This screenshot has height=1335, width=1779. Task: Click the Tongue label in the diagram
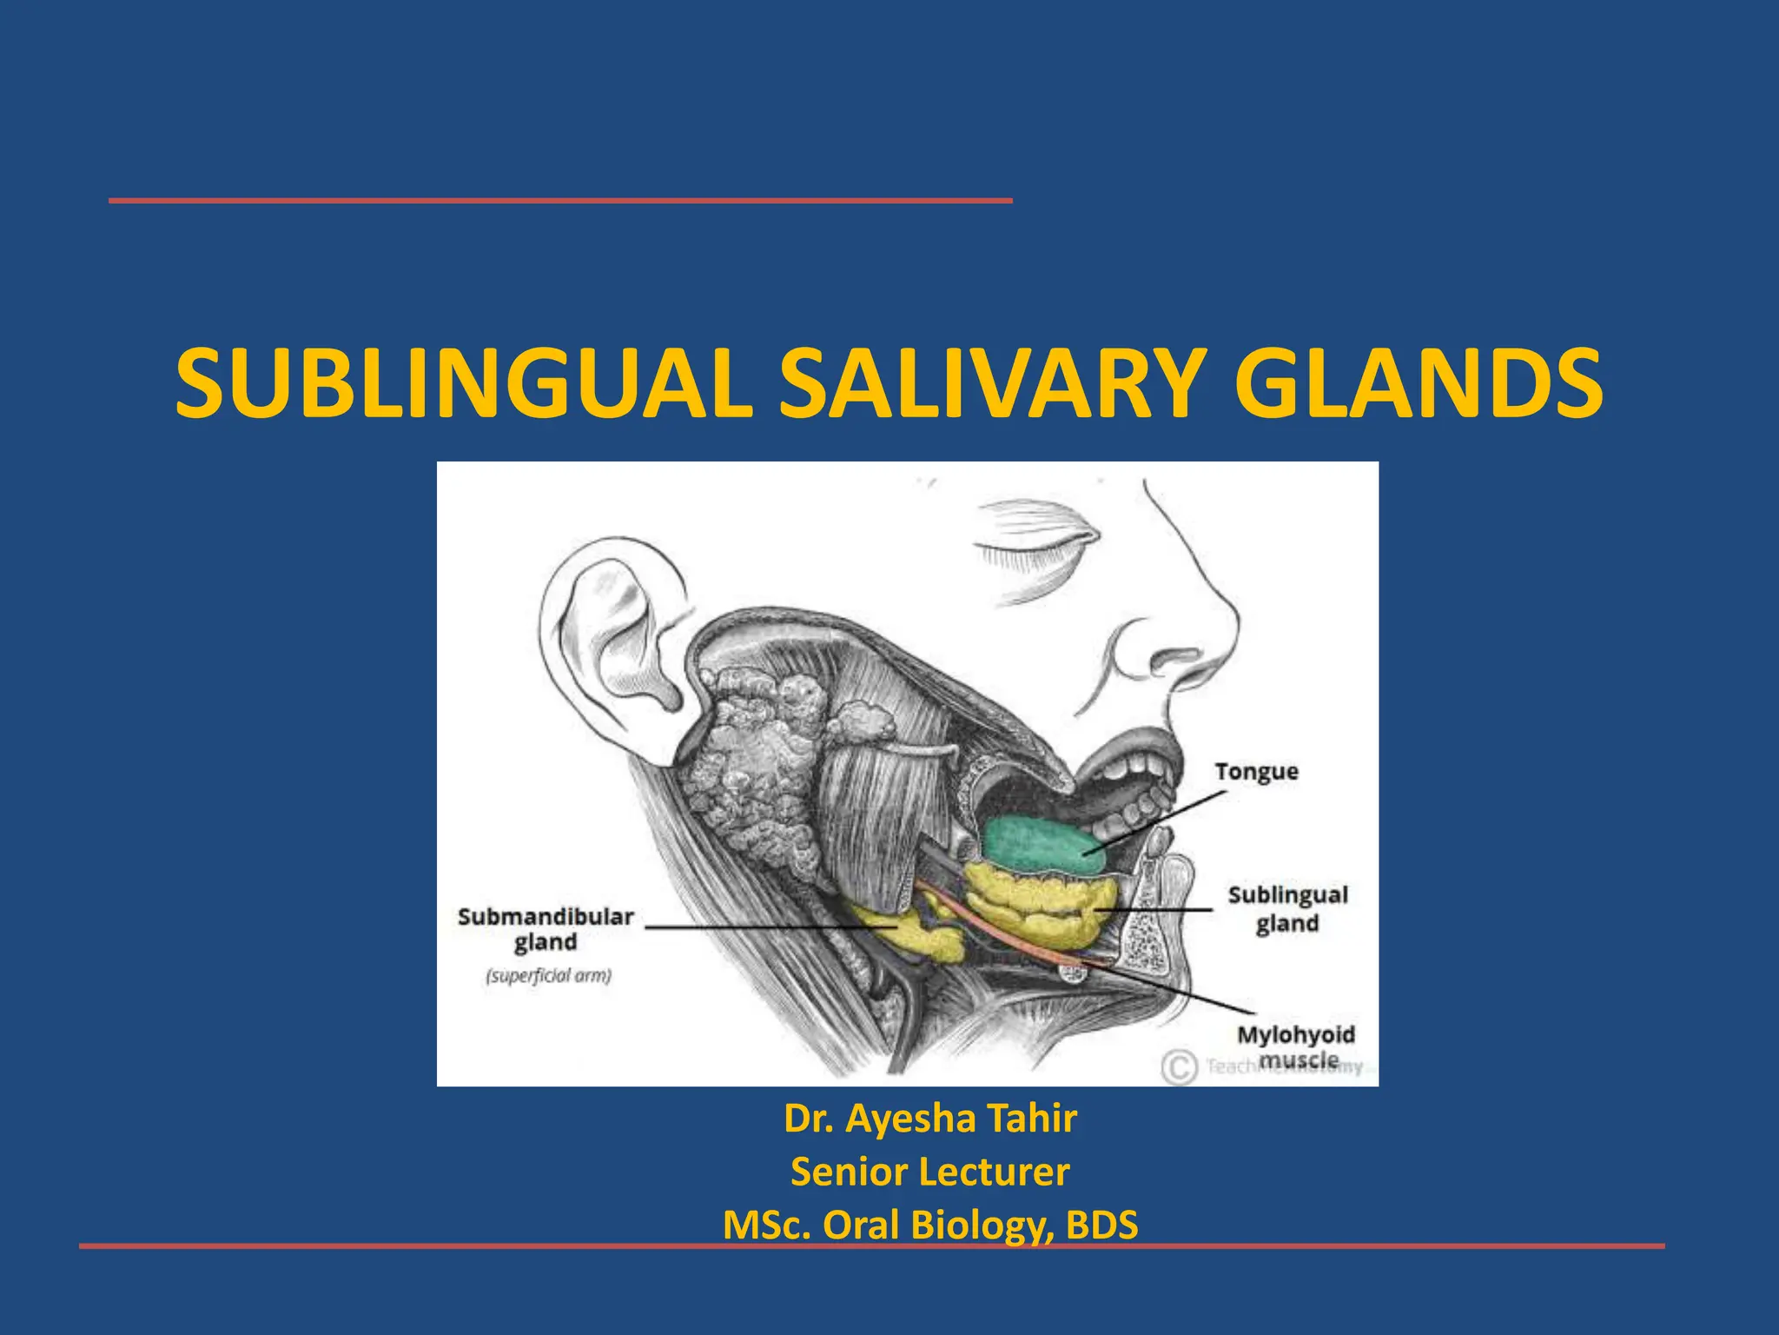pos(1256,772)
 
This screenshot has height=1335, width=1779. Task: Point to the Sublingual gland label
pos(1287,908)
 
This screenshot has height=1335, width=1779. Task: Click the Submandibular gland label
pos(546,928)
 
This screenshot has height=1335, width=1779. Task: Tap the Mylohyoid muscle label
pos(1296,1046)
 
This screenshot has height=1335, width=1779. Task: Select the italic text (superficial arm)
pos(548,975)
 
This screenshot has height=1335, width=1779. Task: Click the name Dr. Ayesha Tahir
pos(930,1119)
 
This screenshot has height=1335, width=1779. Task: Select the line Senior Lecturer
pos(929,1172)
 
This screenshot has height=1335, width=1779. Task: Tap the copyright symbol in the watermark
pos(1179,1066)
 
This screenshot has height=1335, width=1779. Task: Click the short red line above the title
pos(560,201)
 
